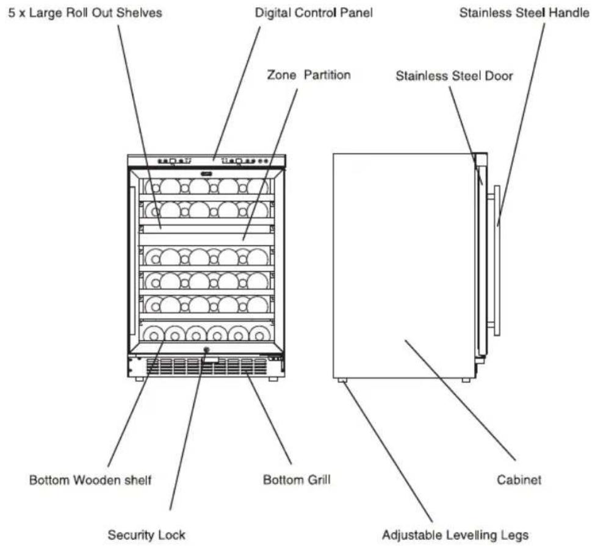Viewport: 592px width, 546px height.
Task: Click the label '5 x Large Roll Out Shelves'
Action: [x=85, y=13]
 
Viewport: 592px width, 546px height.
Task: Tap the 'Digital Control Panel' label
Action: [x=314, y=13]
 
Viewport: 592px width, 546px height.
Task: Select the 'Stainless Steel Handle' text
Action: [x=524, y=13]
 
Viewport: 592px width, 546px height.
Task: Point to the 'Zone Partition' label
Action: [x=309, y=74]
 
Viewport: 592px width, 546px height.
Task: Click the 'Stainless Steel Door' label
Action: [x=454, y=76]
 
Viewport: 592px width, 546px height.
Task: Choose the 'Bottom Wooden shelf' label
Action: [x=90, y=480]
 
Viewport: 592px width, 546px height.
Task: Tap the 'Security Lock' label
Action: [x=146, y=534]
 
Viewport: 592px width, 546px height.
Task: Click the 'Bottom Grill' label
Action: [x=297, y=480]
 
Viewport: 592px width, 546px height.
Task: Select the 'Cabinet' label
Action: [x=519, y=480]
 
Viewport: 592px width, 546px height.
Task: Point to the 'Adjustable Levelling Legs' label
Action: [x=455, y=535]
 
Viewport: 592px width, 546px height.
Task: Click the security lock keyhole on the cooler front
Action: [x=206, y=350]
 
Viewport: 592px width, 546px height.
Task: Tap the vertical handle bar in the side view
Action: [x=497, y=260]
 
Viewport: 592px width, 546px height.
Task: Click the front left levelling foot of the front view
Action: [x=139, y=378]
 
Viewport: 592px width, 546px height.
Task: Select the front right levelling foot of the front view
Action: [x=273, y=378]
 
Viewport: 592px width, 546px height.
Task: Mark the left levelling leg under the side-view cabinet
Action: [x=342, y=380]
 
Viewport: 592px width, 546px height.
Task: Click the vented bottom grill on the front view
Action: [x=206, y=367]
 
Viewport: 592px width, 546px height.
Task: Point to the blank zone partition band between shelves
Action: [x=206, y=239]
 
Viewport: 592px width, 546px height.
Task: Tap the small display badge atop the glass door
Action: [x=207, y=174]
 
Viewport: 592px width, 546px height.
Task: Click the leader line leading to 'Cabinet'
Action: [x=460, y=400]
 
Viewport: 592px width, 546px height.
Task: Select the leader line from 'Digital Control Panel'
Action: [x=237, y=93]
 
